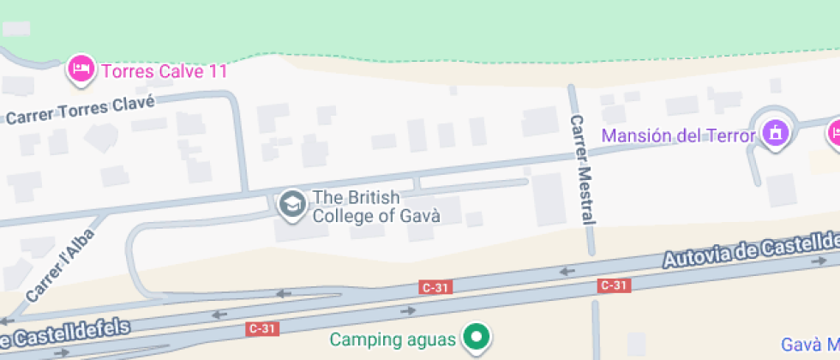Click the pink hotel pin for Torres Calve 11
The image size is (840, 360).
(x=81, y=69)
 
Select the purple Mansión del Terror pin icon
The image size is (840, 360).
(x=776, y=133)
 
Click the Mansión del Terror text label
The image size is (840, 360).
(x=678, y=135)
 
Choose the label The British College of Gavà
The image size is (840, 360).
(x=375, y=207)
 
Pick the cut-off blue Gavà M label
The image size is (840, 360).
(x=811, y=343)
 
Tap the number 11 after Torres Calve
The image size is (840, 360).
(x=218, y=71)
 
